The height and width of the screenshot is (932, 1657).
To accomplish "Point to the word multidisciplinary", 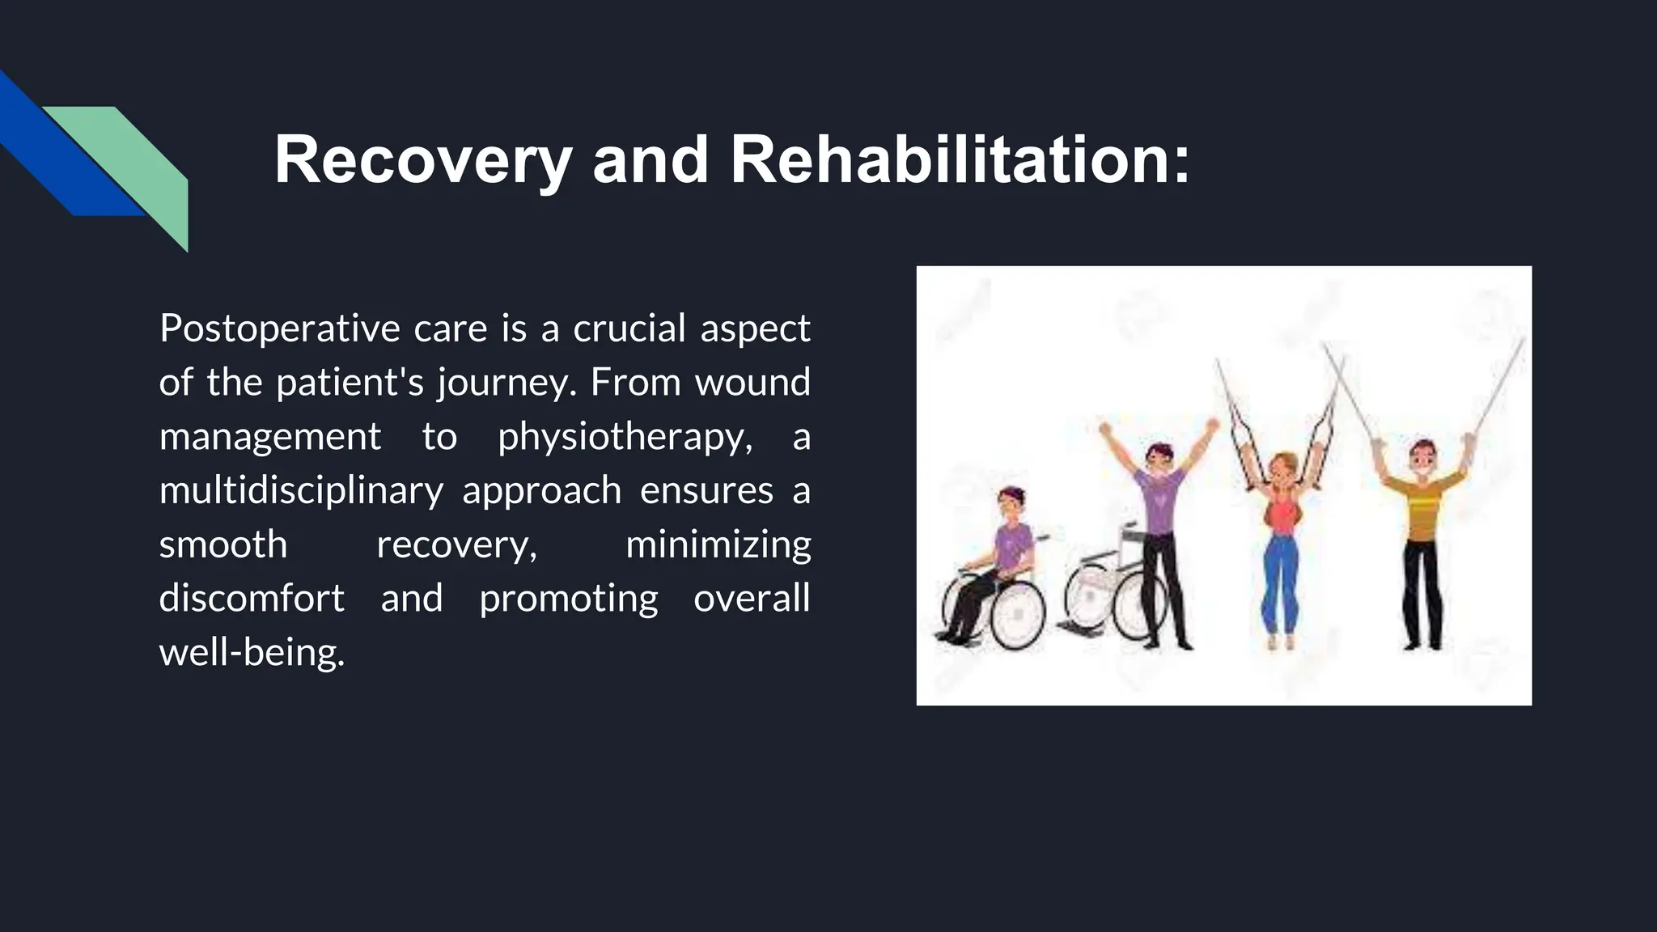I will pyautogui.click(x=301, y=491).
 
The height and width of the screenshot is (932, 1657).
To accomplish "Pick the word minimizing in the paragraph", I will pyautogui.click(x=718, y=545).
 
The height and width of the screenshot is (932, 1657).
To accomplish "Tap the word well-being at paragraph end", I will pyautogui.click(x=252, y=653).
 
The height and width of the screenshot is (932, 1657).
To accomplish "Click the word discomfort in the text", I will pyautogui.click(x=252, y=599).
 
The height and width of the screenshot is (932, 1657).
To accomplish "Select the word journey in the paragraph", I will pyautogui.click(x=506, y=383).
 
